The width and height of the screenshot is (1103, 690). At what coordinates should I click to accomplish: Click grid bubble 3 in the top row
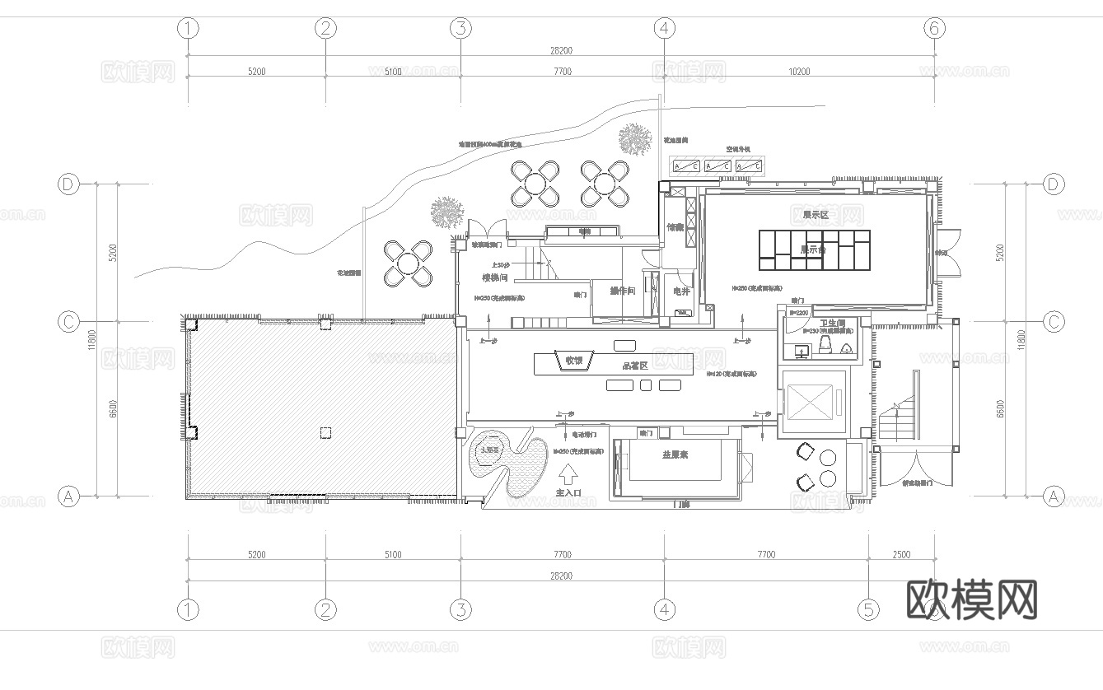[460, 29]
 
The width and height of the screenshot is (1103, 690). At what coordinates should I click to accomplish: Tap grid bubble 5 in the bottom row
[868, 609]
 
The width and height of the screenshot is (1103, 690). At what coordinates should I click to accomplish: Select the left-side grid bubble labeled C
[68, 321]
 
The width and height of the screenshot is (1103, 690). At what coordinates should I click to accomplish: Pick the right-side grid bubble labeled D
[1054, 184]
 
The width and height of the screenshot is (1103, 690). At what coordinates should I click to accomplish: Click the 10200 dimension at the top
[799, 72]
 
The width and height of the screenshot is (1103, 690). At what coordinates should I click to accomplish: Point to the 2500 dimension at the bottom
[902, 554]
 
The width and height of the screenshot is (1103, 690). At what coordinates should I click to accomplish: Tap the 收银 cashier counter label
[573, 361]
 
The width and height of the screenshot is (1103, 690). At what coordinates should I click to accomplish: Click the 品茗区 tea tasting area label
[635, 366]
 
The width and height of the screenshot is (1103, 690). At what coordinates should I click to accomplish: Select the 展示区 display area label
[815, 214]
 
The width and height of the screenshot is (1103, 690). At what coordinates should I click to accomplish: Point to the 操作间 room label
[622, 291]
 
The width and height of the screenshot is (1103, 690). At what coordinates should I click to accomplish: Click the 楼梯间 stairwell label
[495, 277]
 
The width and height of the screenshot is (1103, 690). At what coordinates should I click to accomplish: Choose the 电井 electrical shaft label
[680, 291]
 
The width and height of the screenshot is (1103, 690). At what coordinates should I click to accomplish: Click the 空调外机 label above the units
[737, 149]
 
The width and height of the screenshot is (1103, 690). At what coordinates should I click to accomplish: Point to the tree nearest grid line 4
[634, 138]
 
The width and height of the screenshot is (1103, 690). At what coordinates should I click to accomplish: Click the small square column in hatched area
[325, 432]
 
